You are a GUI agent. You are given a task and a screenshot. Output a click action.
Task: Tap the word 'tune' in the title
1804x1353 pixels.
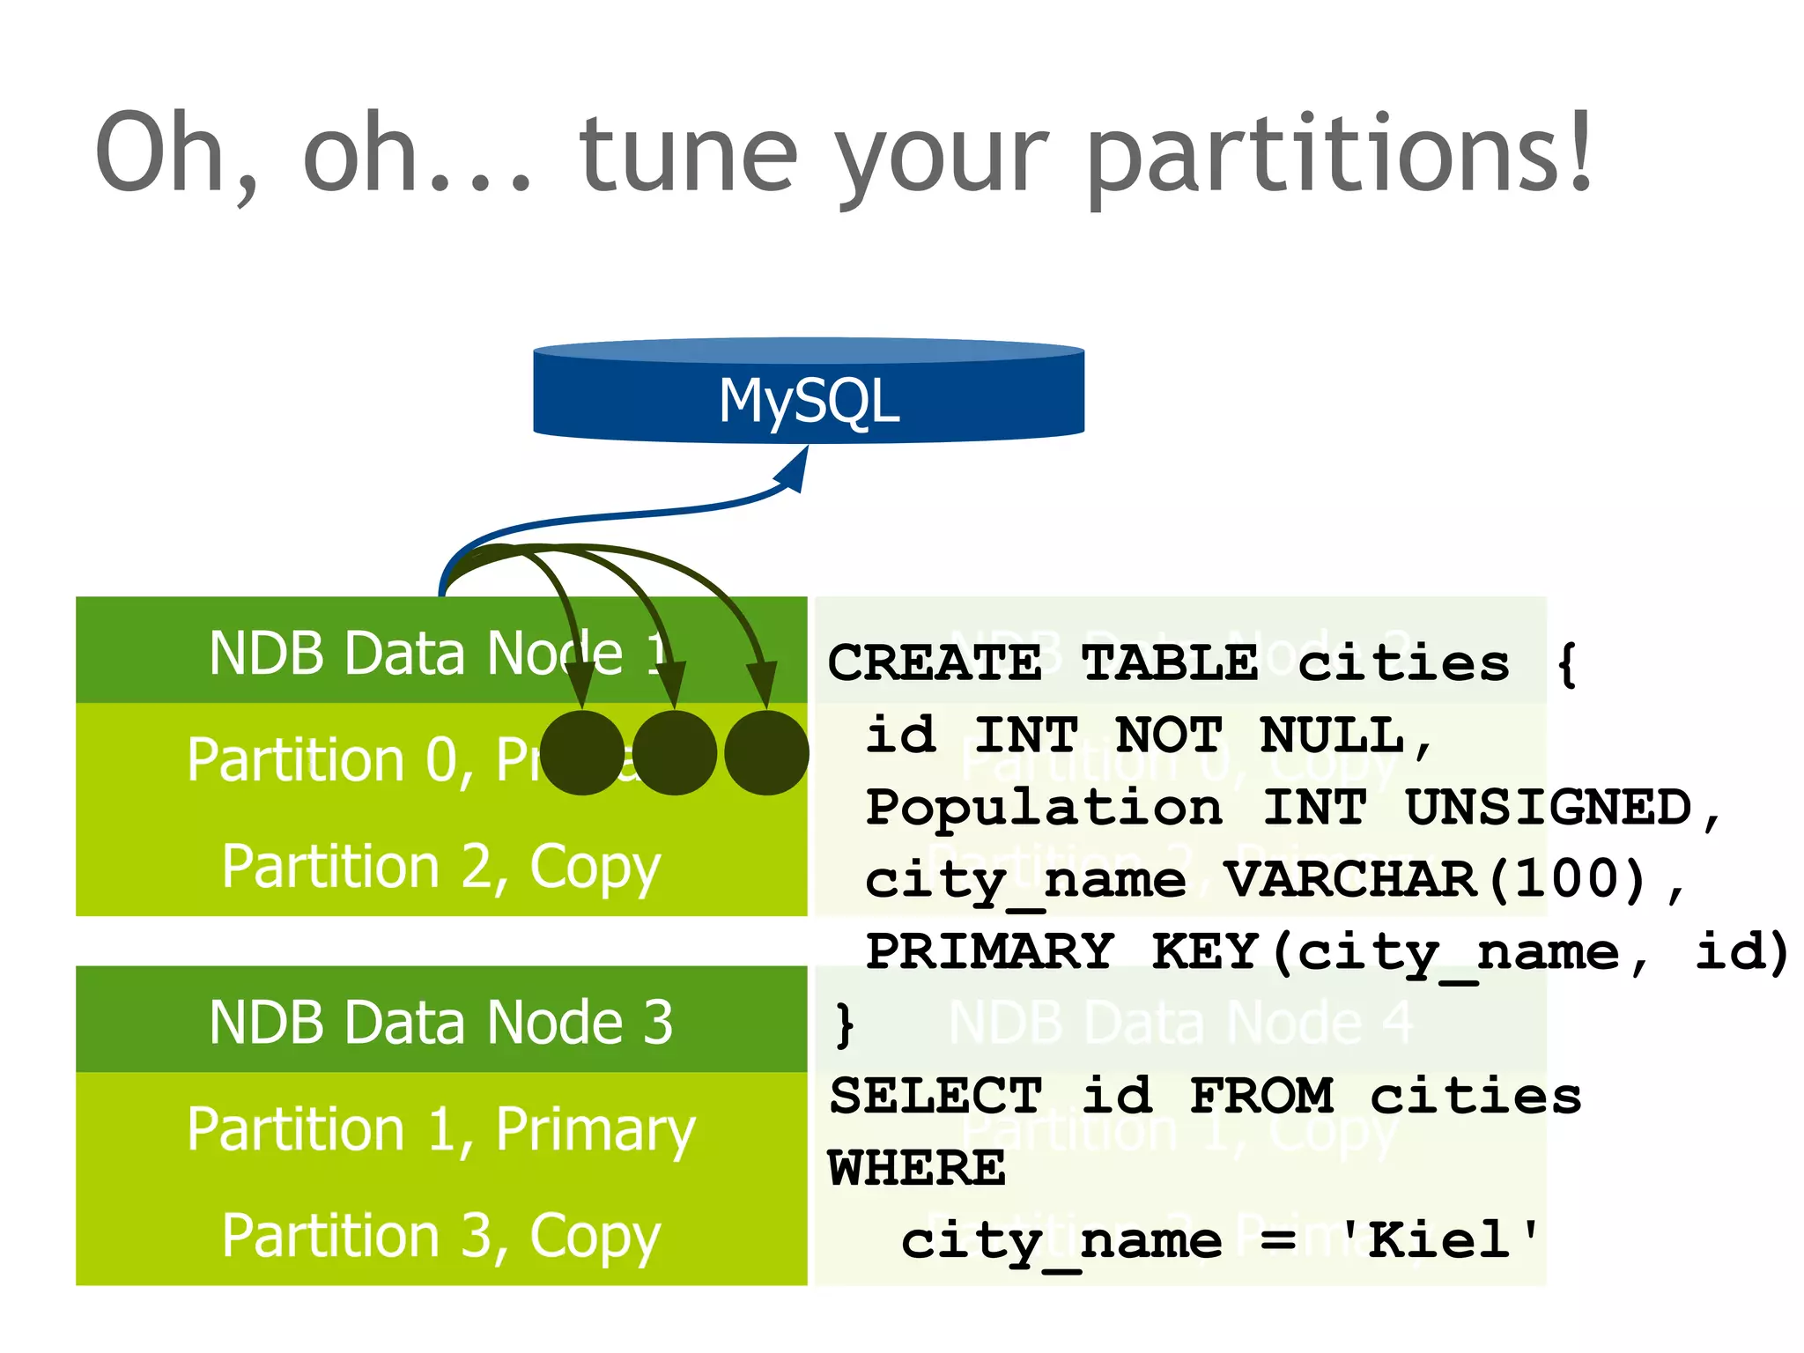[x=687, y=155]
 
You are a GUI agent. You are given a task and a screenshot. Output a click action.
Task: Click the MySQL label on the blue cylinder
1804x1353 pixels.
[x=809, y=401]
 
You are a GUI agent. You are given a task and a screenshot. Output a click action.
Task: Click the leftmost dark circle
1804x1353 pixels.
[x=582, y=753]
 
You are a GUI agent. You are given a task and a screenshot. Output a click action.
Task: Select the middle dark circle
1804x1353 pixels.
[x=675, y=753]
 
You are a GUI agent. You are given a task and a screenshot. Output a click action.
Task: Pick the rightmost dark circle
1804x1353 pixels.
[x=766, y=753]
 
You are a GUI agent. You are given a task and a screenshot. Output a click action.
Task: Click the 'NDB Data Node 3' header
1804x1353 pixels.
[x=441, y=1022]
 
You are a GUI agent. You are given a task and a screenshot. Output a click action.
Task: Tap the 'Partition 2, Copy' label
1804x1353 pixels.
[x=441, y=867]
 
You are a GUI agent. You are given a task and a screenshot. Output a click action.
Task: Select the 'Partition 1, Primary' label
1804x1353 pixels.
[x=441, y=1129]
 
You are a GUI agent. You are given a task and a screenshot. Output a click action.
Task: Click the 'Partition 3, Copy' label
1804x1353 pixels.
[x=441, y=1236]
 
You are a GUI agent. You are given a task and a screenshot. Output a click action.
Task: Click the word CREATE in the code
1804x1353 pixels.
[x=935, y=662]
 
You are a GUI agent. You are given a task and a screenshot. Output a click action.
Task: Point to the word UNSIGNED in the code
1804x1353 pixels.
[x=1549, y=807]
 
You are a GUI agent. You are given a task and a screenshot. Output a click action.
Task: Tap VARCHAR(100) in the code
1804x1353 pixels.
[x=1436, y=879]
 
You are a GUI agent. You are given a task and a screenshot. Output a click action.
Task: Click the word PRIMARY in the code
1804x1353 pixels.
[x=989, y=951]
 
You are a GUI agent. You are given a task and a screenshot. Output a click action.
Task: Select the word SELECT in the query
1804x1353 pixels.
[x=935, y=1096]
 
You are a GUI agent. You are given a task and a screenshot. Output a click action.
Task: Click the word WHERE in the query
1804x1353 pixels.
[x=916, y=1169]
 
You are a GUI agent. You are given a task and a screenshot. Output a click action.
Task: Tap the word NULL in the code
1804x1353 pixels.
[x=1333, y=735]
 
